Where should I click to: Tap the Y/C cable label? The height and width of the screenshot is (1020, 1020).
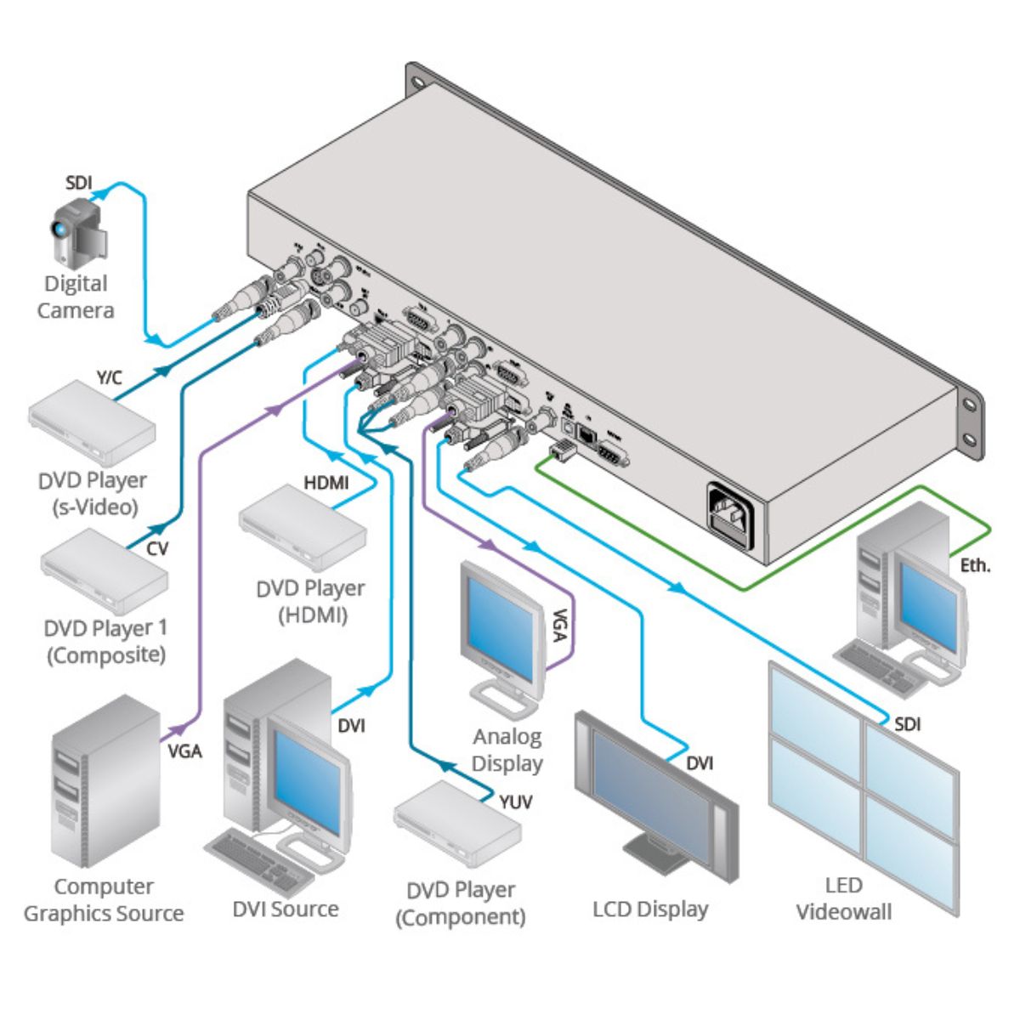(x=109, y=377)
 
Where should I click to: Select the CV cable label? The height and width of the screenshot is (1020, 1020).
(x=157, y=548)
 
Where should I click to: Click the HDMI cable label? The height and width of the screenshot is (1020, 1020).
(x=326, y=483)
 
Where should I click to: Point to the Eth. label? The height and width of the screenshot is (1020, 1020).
(x=975, y=564)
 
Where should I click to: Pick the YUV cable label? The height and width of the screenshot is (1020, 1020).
(x=515, y=801)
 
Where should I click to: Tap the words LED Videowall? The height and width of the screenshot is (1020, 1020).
(x=843, y=898)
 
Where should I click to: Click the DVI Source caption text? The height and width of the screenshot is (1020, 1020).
(x=286, y=909)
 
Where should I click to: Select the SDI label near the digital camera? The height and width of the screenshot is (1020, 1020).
(x=79, y=183)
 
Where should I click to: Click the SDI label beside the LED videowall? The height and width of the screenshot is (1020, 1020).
(x=907, y=724)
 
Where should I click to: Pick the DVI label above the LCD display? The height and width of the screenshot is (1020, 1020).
(x=699, y=763)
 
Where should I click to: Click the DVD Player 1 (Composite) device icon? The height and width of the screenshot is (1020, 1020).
(x=105, y=571)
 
